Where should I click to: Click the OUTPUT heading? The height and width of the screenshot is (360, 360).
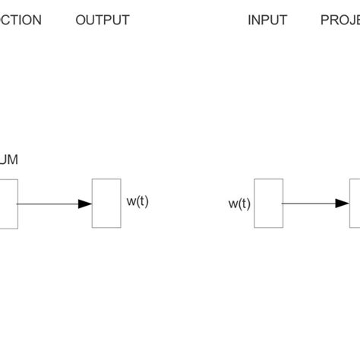pos(103,21)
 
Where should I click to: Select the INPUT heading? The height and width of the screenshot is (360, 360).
pos(267,21)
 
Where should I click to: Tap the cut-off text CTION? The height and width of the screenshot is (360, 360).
pos(21,21)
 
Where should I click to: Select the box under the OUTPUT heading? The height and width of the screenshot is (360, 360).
pos(106,203)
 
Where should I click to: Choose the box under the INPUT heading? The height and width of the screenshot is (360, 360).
pos(268,203)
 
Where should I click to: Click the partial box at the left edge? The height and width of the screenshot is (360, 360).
pos(8,203)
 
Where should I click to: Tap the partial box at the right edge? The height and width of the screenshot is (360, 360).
pos(355,203)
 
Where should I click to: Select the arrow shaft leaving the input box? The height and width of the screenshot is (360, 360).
pos(308,204)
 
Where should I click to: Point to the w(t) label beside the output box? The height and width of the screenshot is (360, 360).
pos(137,202)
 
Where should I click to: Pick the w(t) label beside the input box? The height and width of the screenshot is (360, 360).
pos(238,204)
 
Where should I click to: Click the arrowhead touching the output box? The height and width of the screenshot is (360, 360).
pos(85,204)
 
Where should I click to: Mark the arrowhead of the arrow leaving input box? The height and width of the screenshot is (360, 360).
pos(343,204)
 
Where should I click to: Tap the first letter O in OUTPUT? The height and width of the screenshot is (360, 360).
pos(81,21)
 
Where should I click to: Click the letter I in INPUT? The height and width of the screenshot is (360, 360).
pos(249,21)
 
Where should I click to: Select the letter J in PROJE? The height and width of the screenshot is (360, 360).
pos(348,21)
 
